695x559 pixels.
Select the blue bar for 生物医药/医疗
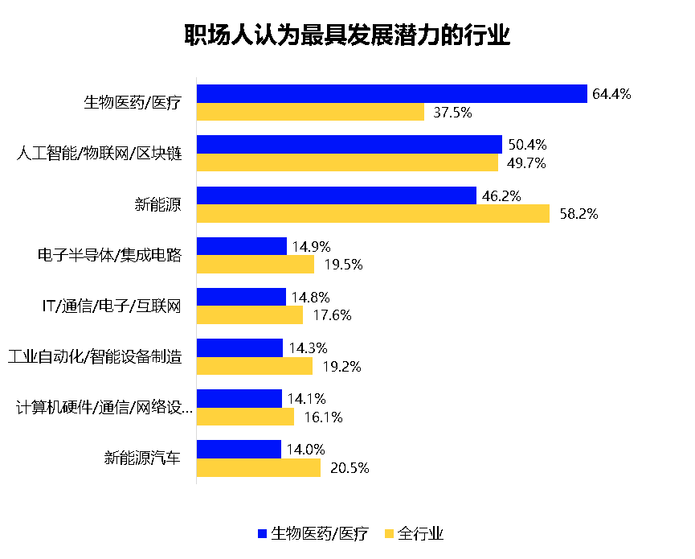coord(391,94)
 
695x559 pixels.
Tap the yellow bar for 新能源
coord(373,214)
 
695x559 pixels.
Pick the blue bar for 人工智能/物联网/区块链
coord(349,145)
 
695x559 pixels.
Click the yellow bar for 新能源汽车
coord(258,467)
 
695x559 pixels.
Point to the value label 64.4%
coord(611,94)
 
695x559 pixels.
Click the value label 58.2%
coord(574,214)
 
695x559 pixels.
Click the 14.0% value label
coord(306,449)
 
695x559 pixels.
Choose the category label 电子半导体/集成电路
coord(109,256)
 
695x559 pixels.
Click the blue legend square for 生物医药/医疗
coord(261,533)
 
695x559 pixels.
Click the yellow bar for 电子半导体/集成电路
coord(255,265)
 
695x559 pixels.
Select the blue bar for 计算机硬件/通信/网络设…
coord(239,398)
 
